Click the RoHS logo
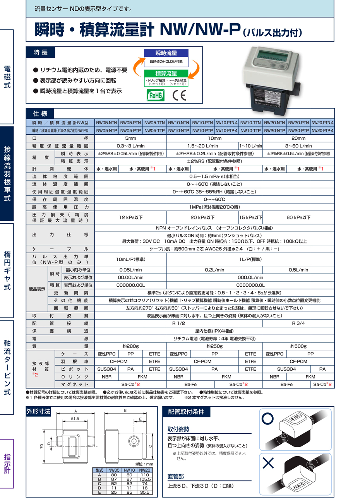point(156,95)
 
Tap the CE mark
point(179,95)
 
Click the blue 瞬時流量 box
point(166,53)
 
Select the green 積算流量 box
point(166,73)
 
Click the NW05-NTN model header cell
point(106,123)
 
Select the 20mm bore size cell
point(298,138)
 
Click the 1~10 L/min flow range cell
point(250,146)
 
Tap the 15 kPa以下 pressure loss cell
point(250,217)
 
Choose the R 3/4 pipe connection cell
point(298,323)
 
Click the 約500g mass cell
point(298,346)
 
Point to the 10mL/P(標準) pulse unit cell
point(130,259)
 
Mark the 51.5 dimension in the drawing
point(75,419)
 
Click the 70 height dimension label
point(42,446)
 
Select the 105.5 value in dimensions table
point(145,479)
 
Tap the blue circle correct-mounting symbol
point(267,418)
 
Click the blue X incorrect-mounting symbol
point(268,463)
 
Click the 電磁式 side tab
point(7,76)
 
